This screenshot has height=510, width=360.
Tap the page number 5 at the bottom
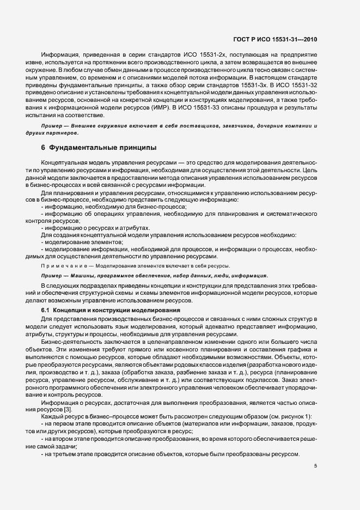click(316, 466)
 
